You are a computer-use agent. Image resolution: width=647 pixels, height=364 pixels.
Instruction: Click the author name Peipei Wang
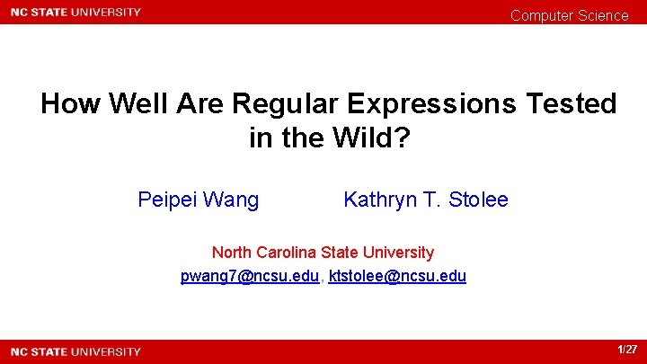click(198, 200)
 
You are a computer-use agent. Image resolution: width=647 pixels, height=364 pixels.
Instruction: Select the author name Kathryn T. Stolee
click(425, 200)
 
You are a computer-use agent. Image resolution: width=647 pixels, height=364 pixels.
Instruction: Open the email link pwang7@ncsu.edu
click(250, 276)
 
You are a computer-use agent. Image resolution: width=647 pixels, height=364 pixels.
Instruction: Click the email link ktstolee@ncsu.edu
click(398, 276)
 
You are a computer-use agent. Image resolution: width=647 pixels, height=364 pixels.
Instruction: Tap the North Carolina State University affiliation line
click(323, 253)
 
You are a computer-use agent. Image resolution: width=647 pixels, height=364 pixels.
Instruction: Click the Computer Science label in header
click(570, 15)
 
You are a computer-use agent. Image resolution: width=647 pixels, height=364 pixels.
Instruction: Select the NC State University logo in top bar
click(75, 13)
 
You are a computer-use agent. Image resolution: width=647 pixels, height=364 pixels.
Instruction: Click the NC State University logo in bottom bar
click(75, 351)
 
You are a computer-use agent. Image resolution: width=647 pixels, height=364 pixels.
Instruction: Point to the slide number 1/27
click(627, 350)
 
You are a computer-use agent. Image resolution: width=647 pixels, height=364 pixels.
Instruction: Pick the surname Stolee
click(479, 200)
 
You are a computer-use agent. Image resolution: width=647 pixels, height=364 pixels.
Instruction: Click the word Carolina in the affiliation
click(286, 253)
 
